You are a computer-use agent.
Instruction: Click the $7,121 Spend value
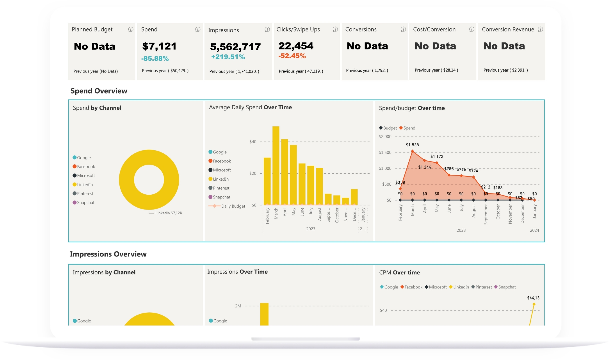pyautogui.click(x=159, y=46)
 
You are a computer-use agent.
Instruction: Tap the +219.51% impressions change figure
pyautogui.click(x=228, y=57)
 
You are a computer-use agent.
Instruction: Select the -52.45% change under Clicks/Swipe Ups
pyautogui.click(x=292, y=56)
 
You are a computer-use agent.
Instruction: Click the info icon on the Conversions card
pyautogui.click(x=403, y=29)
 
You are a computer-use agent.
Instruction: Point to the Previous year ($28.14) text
pyautogui.click(x=436, y=70)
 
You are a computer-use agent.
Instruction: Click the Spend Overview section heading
pyautogui.click(x=99, y=91)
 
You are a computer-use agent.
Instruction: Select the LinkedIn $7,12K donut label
pyautogui.click(x=169, y=213)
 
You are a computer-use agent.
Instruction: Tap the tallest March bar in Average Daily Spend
pyautogui.click(x=276, y=165)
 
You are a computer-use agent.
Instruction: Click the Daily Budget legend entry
pyautogui.click(x=233, y=206)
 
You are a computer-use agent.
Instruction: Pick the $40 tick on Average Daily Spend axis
pyautogui.click(x=253, y=142)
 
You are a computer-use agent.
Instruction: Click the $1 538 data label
pyautogui.click(x=412, y=145)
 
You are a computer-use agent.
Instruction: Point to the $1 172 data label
pyautogui.click(x=437, y=157)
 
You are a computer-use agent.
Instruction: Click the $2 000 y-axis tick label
pyautogui.click(x=385, y=137)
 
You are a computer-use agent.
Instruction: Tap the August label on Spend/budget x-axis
pyautogui.click(x=474, y=211)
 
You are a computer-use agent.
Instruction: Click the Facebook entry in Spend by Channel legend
pyautogui.click(x=86, y=167)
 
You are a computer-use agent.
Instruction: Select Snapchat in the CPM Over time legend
pyautogui.click(x=506, y=287)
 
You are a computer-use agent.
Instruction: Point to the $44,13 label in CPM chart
pyautogui.click(x=533, y=298)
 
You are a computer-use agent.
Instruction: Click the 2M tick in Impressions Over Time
pyautogui.click(x=238, y=306)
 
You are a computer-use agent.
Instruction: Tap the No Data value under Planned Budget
pyautogui.click(x=95, y=47)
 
